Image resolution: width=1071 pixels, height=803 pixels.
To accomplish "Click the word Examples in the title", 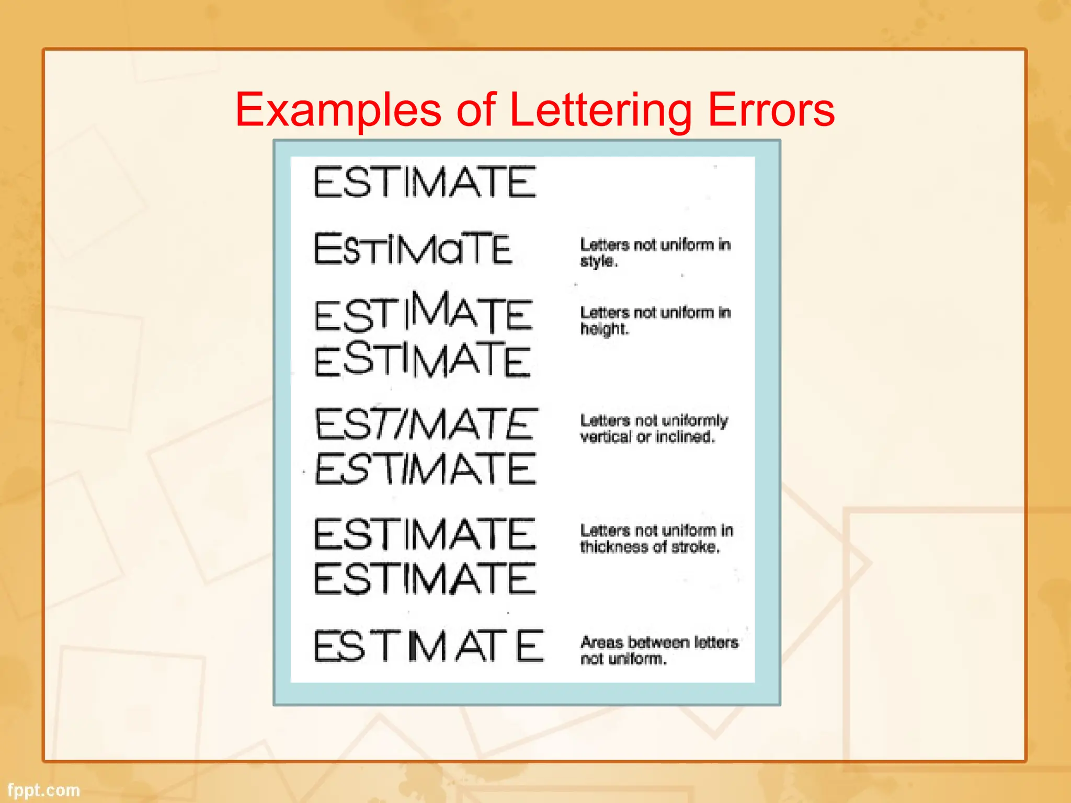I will [x=338, y=110].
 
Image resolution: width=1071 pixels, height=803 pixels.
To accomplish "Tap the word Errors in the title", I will [x=771, y=110].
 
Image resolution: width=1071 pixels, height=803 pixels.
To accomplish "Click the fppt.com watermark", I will [x=44, y=790].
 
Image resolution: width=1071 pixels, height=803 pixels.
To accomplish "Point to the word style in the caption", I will [x=598, y=261].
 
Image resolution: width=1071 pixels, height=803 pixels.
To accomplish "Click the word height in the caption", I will [x=604, y=329].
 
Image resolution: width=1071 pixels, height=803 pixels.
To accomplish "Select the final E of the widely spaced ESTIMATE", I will [x=529, y=646].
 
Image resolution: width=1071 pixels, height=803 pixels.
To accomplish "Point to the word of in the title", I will [x=475, y=110].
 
